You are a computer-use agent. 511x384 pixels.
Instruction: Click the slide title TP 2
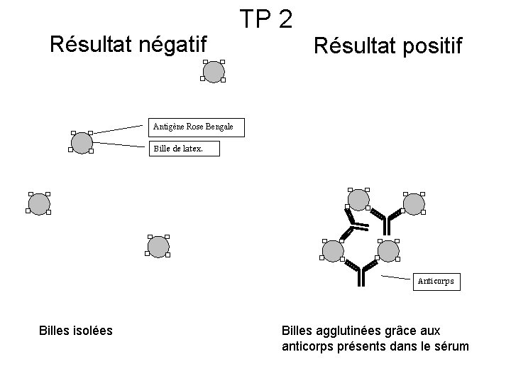[x=266, y=18]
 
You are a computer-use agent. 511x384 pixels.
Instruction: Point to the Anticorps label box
[x=436, y=282]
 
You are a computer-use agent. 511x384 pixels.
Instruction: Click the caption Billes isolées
[x=75, y=330]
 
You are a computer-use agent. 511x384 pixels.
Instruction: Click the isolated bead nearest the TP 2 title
[x=213, y=70]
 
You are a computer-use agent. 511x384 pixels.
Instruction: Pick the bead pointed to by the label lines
[x=82, y=142]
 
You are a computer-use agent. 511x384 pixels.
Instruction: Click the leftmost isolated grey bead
[x=38, y=204]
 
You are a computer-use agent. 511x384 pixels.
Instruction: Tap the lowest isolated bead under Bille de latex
[x=158, y=246]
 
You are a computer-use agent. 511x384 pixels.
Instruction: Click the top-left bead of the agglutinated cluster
[x=358, y=200]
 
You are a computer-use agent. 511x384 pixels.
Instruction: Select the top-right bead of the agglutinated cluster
[x=413, y=203]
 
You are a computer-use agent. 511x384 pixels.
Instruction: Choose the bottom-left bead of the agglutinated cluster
[x=332, y=250]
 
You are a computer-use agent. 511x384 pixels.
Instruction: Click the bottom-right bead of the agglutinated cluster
[x=388, y=250]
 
